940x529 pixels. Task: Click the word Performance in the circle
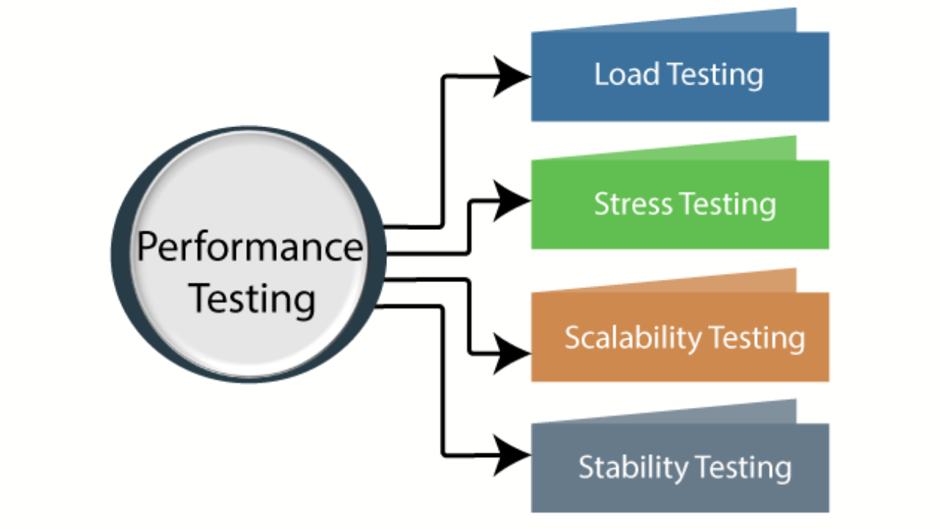coord(250,248)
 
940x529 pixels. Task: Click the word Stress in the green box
coord(631,204)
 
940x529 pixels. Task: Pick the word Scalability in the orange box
coord(623,338)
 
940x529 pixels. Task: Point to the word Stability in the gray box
coord(632,467)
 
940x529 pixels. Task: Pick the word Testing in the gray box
coord(743,467)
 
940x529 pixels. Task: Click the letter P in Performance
coord(149,247)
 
